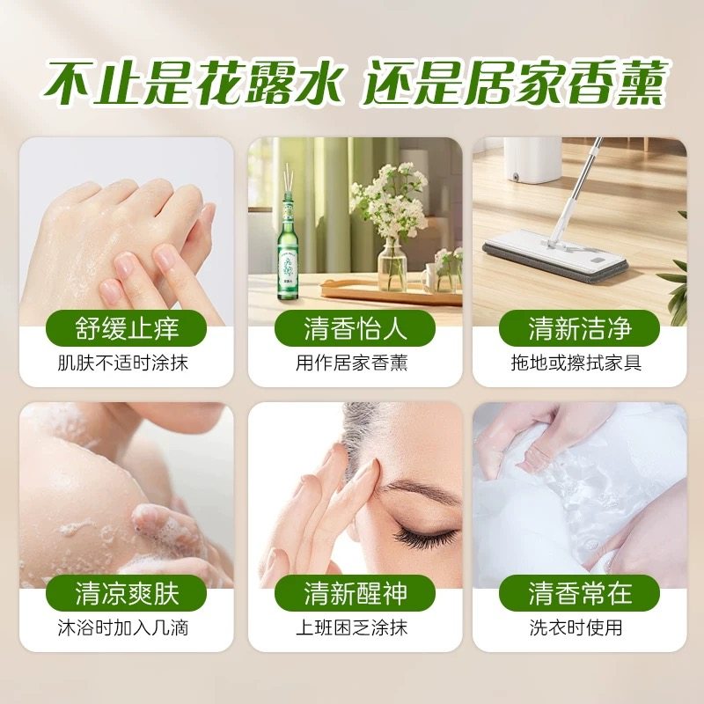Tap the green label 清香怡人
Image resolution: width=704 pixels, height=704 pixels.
coord(355,328)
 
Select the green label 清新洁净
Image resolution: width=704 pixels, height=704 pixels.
coord(579,328)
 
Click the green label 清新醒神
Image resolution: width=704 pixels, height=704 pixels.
coord(355,592)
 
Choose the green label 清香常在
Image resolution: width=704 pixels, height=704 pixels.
coord(579,592)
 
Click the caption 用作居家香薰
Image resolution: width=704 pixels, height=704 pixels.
coord(355,363)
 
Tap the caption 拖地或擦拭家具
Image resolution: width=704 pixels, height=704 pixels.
coord(579,363)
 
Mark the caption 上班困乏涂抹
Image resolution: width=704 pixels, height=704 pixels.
coord(355,627)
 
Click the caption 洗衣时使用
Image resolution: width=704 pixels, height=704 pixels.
coord(579,627)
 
